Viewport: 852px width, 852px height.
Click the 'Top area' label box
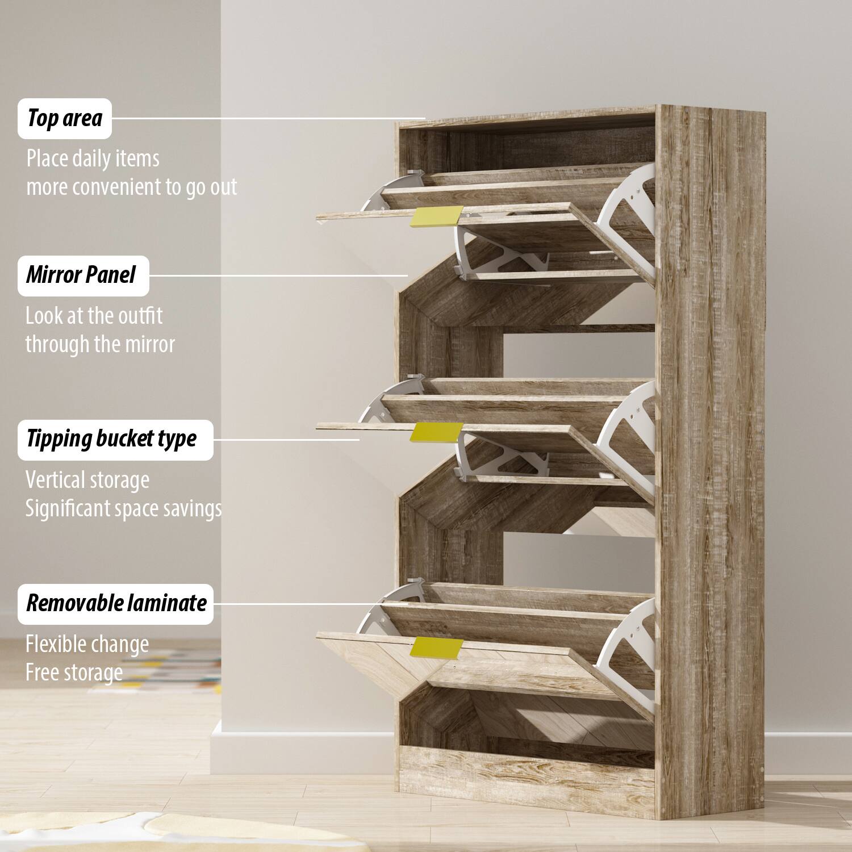(x=65, y=119)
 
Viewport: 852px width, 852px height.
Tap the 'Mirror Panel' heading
(x=83, y=275)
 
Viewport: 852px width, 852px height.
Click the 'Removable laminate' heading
(x=115, y=604)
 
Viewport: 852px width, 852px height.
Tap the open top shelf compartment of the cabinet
(x=528, y=148)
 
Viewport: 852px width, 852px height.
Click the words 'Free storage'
(x=74, y=673)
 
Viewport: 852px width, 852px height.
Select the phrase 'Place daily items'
(x=93, y=158)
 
